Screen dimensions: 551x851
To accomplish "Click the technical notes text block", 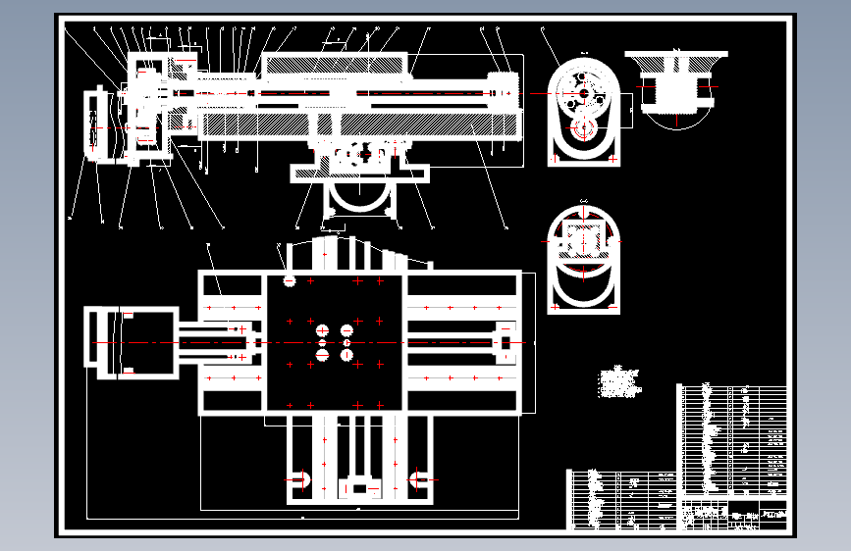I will coord(618,382).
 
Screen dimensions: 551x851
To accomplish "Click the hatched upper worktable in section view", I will coord(334,65).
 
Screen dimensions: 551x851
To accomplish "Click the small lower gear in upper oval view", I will coord(582,128).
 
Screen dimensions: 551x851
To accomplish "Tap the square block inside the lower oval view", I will coord(583,239).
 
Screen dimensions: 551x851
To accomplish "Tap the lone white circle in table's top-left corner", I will coord(290,280).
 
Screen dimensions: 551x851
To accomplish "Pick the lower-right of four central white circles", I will coord(346,355).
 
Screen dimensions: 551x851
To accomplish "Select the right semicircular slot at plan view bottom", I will coord(419,479).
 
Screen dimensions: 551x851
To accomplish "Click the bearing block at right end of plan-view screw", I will coord(504,341).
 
